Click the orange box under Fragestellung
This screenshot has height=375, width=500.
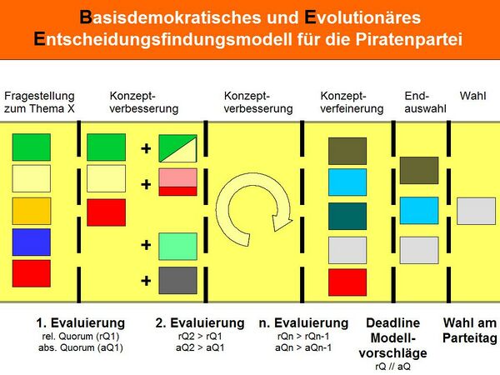coord(32,211)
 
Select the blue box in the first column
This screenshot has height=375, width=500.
coord(32,242)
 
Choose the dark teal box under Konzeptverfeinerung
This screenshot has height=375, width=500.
coord(347,216)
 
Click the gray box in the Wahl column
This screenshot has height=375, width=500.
coord(476,211)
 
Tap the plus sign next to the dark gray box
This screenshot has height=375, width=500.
coord(146,281)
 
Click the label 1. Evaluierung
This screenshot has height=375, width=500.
coord(80,322)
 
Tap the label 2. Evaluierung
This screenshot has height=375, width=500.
coord(200,322)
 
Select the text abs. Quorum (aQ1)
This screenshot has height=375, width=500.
coord(82,347)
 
